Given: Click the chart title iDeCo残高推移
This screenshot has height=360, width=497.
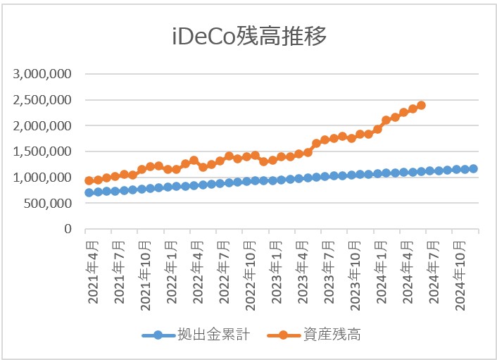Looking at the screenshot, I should pos(249,37).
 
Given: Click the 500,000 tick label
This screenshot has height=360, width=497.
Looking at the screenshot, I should pos(48,204).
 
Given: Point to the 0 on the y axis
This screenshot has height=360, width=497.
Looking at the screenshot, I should pos(69,230).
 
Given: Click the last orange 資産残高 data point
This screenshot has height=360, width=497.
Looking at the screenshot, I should pos(421,106).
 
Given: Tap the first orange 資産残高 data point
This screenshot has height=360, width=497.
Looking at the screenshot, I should pos(89,180).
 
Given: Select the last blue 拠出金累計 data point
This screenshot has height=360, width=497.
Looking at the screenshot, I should pos(473,168).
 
